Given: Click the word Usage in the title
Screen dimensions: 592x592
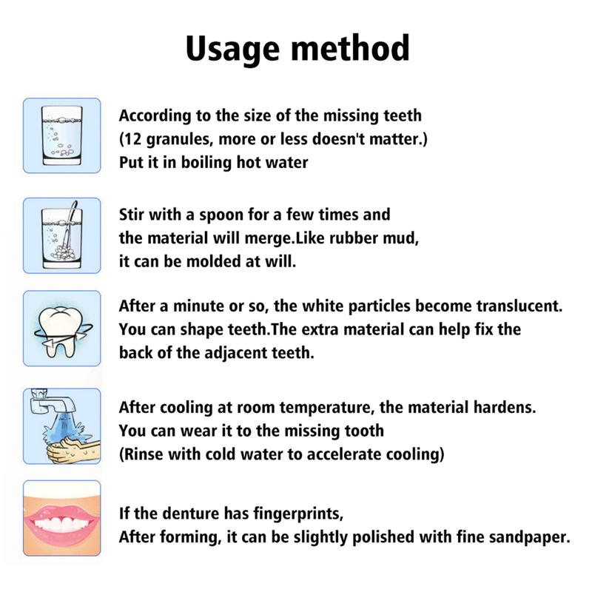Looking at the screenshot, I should tap(228, 49).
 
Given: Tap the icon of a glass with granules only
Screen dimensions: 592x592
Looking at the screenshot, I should tap(61, 135).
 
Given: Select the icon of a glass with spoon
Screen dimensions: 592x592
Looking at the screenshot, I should tap(61, 235).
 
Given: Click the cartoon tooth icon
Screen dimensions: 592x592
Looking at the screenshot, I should tap(61, 329).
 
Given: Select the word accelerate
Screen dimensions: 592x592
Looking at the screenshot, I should tap(349, 454).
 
